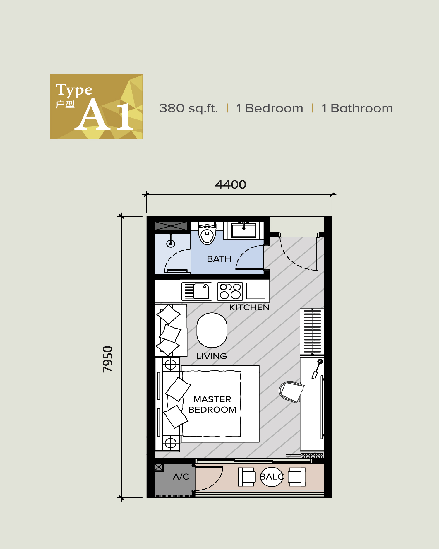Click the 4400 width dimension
point(231,185)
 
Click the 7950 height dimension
point(108,359)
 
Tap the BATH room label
point(219,259)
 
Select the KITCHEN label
point(249,307)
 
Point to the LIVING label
point(212,356)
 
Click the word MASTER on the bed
point(212,399)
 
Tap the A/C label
point(181,477)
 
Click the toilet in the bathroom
point(207,234)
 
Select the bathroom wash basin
point(244,230)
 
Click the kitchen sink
point(197,291)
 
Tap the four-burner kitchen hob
point(230,291)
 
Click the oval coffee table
point(212,330)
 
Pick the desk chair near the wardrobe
point(291,391)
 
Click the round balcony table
point(272,477)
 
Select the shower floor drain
point(171,243)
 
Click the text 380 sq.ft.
point(188,108)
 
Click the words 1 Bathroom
point(357,108)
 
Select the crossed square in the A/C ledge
point(159,467)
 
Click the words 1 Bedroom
point(269,108)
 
